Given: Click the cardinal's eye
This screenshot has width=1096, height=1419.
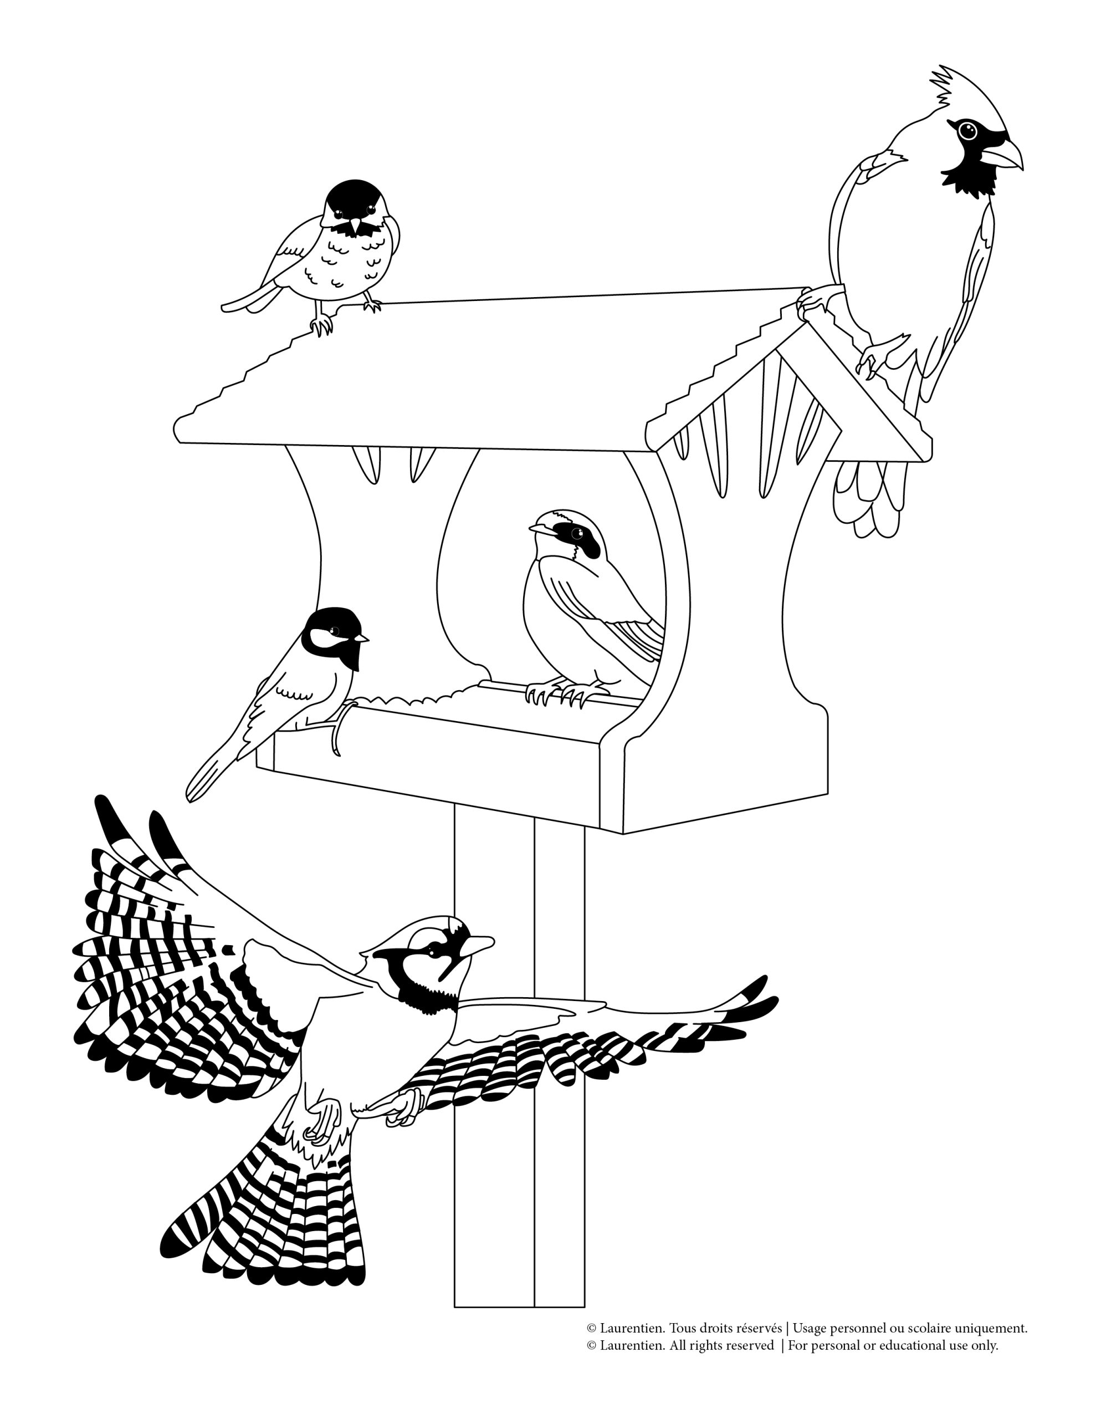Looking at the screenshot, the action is click(x=968, y=131).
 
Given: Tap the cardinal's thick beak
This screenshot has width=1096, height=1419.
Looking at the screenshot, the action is click(x=1001, y=155).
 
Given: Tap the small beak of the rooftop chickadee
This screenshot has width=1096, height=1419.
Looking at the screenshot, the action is click(x=355, y=227).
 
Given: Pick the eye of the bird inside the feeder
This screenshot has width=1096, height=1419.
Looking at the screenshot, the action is click(x=576, y=534).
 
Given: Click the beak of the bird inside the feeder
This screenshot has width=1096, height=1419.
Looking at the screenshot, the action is click(x=541, y=529).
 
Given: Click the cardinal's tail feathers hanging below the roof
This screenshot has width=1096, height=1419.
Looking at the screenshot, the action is click(x=869, y=497).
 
